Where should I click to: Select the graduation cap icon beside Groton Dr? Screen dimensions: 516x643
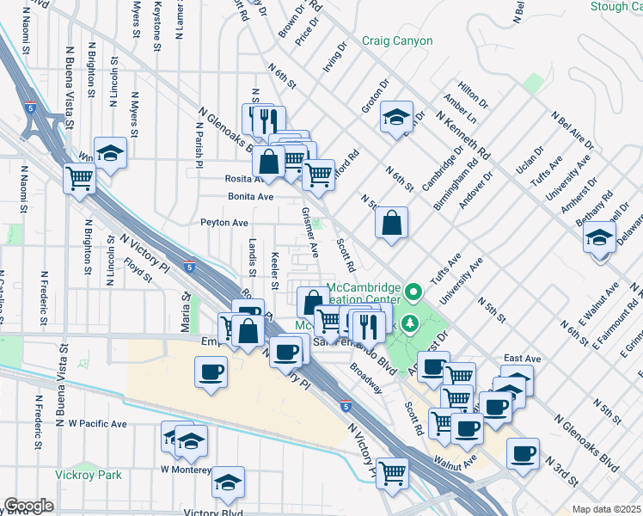coord(395,118)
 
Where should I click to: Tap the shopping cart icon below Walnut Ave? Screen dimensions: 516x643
coord(392,472)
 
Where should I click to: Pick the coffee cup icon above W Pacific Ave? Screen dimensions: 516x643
coord(211,373)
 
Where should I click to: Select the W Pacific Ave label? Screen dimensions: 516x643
coord(97,424)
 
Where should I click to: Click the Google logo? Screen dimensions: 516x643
coord(28,506)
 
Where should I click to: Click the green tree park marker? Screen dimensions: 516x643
coord(410,323)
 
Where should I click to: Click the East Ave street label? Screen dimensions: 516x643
coord(522,358)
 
